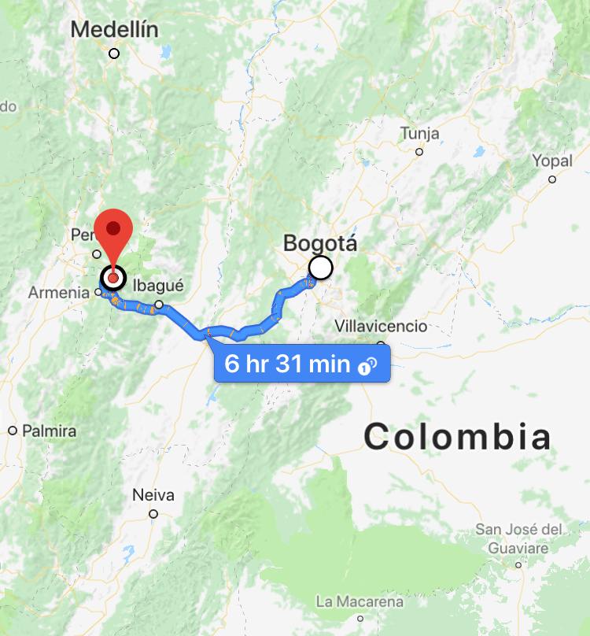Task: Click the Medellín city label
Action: pyautogui.click(x=114, y=30)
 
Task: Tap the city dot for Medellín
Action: pyautogui.click(x=114, y=54)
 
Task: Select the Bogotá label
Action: pyautogui.click(x=320, y=243)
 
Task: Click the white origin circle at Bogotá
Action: pyautogui.click(x=321, y=268)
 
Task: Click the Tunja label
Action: pyautogui.click(x=419, y=133)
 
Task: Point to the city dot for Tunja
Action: pyautogui.click(x=419, y=152)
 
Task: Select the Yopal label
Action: pyautogui.click(x=551, y=161)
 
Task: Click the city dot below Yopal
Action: pyautogui.click(x=552, y=179)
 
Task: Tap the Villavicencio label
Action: pyautogui.click(x=381, y=326)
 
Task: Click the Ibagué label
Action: pyautogui.click(x=158, y=286)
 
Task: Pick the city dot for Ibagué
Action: pyautogui.click(x=159, y=305)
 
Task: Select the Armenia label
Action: pyautogui.click(x=59, y=292)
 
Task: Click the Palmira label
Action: pyautogui.click(x=50, y=431)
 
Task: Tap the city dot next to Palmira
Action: pyautogui.click(x=13, y=431)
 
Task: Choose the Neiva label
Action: pyautogui.click(x=153, y=495)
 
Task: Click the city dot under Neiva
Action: pyautogui.click(x=153, y=514)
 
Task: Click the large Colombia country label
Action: pyautogui.click(x=456, y=436)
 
